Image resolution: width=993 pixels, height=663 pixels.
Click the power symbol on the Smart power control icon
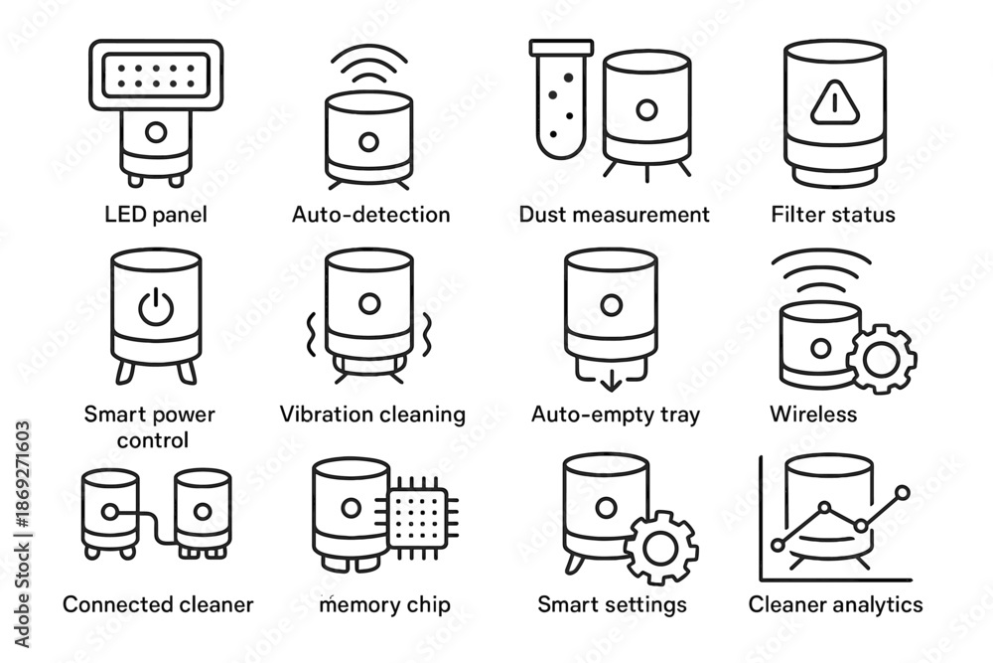click(x=156, y=306)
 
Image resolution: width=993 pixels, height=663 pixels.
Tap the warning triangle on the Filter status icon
click(x=835, y=101)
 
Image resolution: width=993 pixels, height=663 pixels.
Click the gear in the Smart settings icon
click(x=660, y=547)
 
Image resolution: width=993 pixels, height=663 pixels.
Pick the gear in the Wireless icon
click(x=881, y=360)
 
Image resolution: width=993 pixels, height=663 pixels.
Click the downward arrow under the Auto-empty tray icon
click(x=611, y=381)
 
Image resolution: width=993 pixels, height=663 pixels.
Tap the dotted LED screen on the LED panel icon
click(x=156, y=76)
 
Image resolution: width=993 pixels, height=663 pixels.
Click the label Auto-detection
click(x=370, y=215)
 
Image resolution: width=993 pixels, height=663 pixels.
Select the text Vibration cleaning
click(x=372, y=414)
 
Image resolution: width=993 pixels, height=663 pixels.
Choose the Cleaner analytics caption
click(x=835, y=604)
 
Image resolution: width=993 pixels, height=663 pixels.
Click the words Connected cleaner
click(x=158, y=604)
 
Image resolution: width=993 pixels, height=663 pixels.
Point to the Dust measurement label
click(x=614, y=215)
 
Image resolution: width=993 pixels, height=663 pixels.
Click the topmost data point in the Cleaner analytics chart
click(x=903, y=492)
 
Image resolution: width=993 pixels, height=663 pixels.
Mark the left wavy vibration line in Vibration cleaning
click(x=311, y=334)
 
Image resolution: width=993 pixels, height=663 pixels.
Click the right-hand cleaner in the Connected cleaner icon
click(x=203, y=513)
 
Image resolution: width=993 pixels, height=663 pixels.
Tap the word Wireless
click(x=813, y=414)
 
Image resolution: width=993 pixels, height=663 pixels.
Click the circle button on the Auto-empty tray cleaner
click(x=611, y=305)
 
